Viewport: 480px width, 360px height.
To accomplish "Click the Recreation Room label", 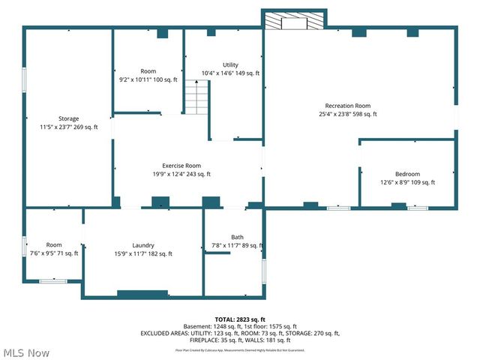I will [347, 106].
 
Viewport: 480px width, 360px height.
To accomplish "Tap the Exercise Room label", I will [182, 165].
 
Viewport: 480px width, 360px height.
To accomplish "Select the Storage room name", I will [69, 118].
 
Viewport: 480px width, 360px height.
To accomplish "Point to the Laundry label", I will [142, 245].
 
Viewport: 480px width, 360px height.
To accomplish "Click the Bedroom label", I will [407, 174].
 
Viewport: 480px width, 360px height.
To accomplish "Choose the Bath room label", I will [237, 237].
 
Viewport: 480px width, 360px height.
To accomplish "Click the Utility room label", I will [230, 65].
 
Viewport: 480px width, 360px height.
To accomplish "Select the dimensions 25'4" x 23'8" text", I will [347, 115].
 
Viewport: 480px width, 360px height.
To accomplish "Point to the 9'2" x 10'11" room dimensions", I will [148, 79].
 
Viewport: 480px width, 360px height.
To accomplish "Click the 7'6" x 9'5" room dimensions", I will [53, 253].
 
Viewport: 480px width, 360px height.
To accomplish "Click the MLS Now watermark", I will [27, 352].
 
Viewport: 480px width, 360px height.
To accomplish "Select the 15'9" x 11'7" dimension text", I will [142, 254].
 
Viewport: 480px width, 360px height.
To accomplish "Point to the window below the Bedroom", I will [418, 207].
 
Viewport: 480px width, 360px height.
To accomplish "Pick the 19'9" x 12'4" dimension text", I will [182, 174].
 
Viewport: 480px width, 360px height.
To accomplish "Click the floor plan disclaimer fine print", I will [239, 349].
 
